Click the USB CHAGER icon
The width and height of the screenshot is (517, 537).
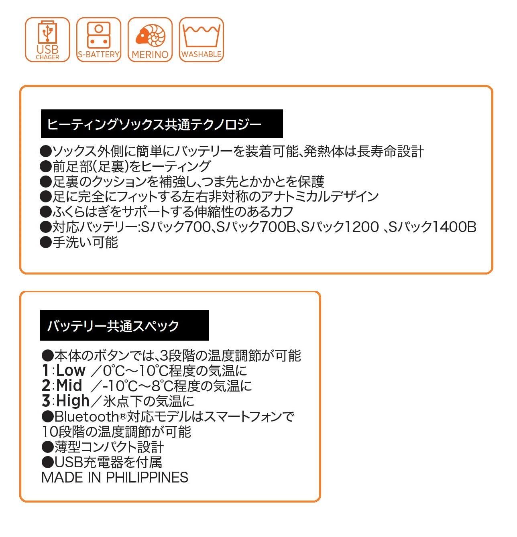[47, 40]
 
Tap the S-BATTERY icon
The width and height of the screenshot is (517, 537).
[99, 40]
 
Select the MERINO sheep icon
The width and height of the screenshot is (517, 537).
[150, 40]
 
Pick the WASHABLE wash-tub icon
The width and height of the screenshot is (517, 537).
[202, 40]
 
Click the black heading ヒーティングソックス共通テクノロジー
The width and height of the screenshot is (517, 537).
[162, 124]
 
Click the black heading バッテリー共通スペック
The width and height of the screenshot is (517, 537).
[124, 325]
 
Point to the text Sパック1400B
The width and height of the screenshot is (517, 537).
[432, 227]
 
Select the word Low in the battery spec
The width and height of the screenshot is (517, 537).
[71, 370]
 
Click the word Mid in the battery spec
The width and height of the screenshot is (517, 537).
[69, 386]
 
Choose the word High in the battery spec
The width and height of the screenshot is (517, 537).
[73, 401]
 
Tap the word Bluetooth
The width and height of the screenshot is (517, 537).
[87, 416]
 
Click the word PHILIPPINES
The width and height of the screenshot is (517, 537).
[147, 477]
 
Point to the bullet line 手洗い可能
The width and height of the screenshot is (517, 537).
[79, 242]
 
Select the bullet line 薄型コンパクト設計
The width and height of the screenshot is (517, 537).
[103, 447]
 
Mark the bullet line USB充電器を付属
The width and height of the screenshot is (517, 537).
[102, 462]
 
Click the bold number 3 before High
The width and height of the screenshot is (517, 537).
[46, 401]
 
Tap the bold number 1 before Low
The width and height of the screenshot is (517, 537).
[46, 370]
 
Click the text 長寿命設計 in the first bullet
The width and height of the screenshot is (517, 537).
[391, 151]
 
